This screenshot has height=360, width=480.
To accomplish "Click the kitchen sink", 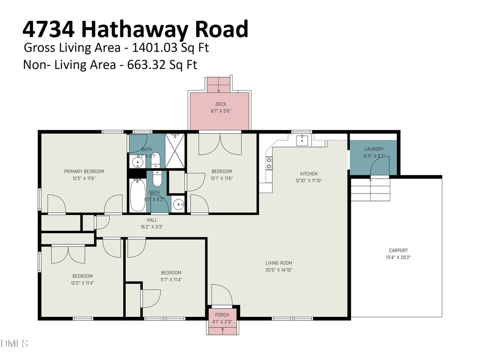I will coord(302,140).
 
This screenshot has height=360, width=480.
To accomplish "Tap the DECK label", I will coord(221,104).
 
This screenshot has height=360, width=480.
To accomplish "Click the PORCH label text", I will coord(222,315).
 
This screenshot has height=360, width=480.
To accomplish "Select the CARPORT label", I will coord(398,250).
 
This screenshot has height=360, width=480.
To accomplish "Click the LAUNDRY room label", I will coord(374,149).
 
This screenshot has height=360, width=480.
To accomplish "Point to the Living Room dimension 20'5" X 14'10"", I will coord(279,270).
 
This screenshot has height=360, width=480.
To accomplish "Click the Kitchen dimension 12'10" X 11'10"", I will coord(308,181).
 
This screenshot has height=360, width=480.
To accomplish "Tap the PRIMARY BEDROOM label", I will coord(84,171).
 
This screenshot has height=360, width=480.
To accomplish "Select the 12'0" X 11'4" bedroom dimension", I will coord(83,283).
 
